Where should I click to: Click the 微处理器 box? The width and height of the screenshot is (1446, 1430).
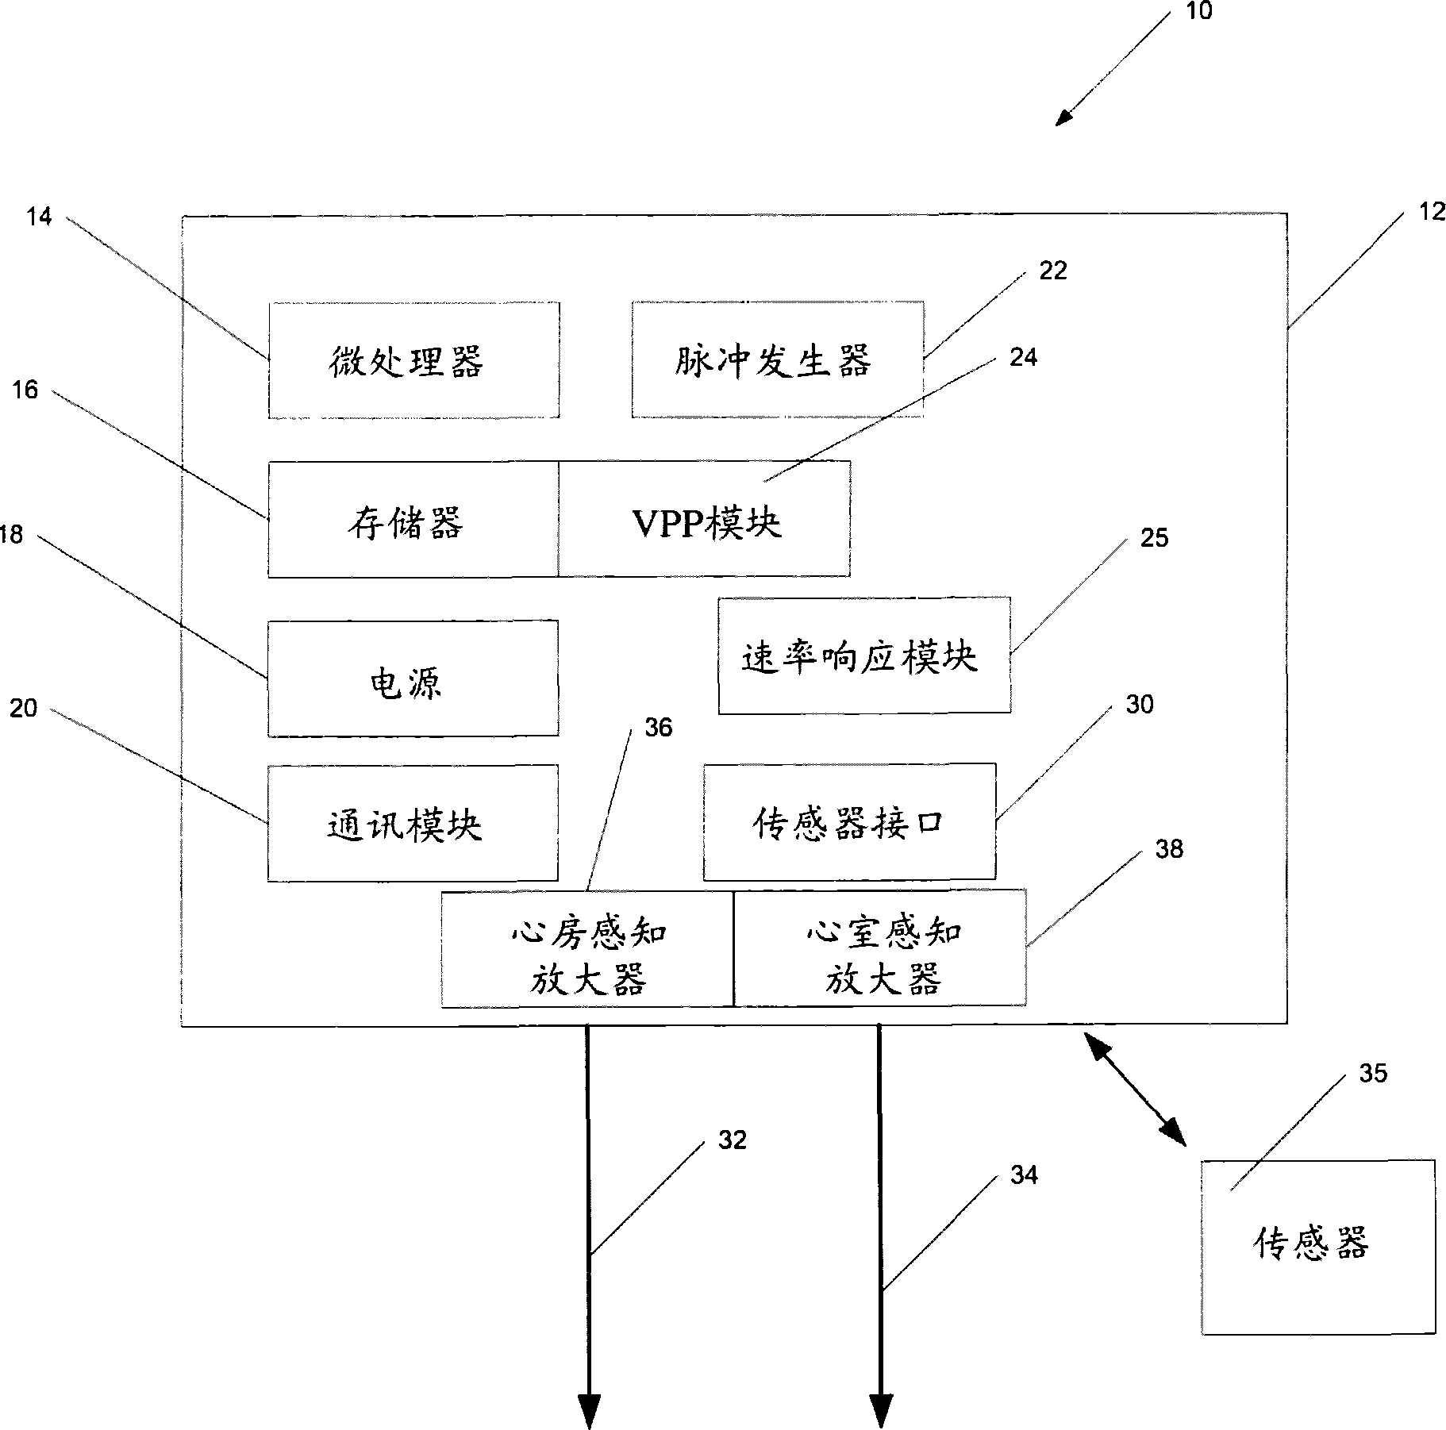click(x=413, y=360)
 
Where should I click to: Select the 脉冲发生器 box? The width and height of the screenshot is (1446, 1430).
click(x=777, y=359)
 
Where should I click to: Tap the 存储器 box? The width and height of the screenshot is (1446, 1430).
click(x=413, y=520)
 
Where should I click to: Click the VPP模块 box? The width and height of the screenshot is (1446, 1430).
click(x=705, y=520)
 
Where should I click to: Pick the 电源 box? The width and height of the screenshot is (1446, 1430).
click(x=413, y=678)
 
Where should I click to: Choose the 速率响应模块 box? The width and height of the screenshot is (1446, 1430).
click(x=864, y=655)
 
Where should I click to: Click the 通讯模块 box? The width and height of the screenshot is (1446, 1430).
click(x=413, y=824)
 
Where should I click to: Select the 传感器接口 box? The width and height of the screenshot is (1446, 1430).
click(x=849, y=822)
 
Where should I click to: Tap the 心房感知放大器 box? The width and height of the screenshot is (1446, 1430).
click(x=587, y=949)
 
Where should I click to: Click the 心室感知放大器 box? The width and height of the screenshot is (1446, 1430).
click(x=880, y=948)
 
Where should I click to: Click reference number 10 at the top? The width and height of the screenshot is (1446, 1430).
click(x=1198, y=11)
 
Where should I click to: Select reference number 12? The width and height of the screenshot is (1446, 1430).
click(x=1431, y=212)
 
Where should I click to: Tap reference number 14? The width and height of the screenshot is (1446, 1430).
click(x=38, y=216)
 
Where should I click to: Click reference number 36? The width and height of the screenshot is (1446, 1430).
click(x=658, y=728)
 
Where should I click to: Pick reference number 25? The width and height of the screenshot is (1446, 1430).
click(x=1154, y=538)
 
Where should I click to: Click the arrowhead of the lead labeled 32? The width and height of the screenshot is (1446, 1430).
click(x=589, y=1409)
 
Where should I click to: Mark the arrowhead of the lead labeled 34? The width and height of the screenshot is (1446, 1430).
click(x=881, y=1409)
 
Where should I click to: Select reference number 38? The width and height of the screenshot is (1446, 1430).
click(x=1169, y=849)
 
